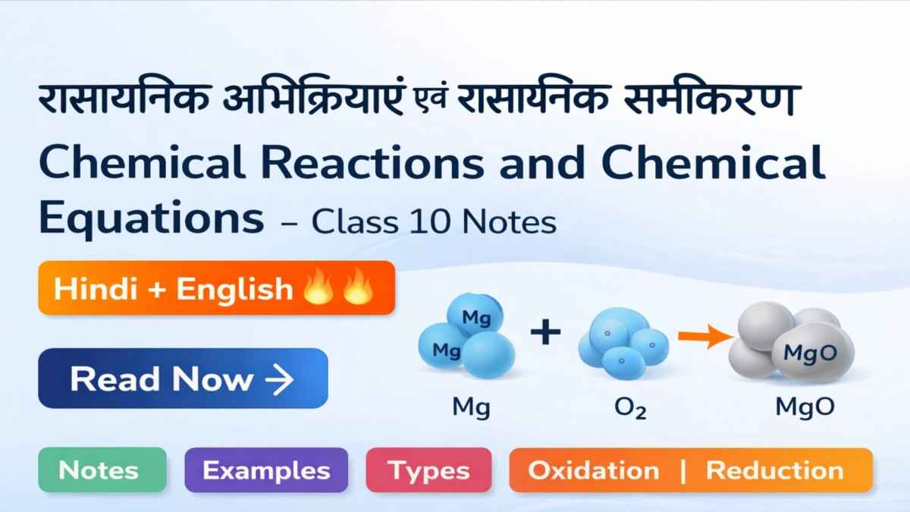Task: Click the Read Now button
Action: tap(183, 378)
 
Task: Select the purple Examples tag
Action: tap(266, 470)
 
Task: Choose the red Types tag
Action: tap(428, 470)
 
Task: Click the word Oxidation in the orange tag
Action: tap(594, 470)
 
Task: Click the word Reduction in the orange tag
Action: tap(774, 470)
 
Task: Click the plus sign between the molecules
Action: tap(544, 333)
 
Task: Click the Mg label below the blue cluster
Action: tap(471, 407)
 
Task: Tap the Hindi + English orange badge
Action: tap(216, 288)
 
